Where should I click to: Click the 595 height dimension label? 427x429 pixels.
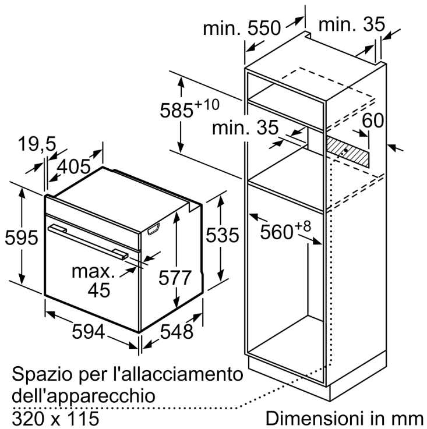[x=22, y=237]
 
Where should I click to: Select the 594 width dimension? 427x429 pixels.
[x=88, y=331]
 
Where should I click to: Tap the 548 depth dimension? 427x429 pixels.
[x=177, y=331]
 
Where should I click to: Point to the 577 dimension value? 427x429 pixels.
[x=175, y=278]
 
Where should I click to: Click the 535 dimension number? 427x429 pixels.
[x=223, y=235]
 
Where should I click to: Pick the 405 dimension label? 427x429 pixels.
[x=73, y=166]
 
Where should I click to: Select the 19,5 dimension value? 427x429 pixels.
[x=37, y=144]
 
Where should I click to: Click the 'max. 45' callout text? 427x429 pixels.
[x=93, y=281]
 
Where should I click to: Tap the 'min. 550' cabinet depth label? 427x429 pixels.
[x=242, y=28]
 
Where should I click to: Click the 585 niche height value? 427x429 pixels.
[x=177, y=110]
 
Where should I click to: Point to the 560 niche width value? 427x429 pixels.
[x=277, y=232]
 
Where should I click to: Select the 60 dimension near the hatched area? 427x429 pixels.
[x=373, y=120]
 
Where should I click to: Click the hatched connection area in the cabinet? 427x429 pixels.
[x=347, y=152]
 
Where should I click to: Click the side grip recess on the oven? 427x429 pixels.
[x=153, y=229]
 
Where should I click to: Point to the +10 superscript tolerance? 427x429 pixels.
[x=207, y=105]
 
